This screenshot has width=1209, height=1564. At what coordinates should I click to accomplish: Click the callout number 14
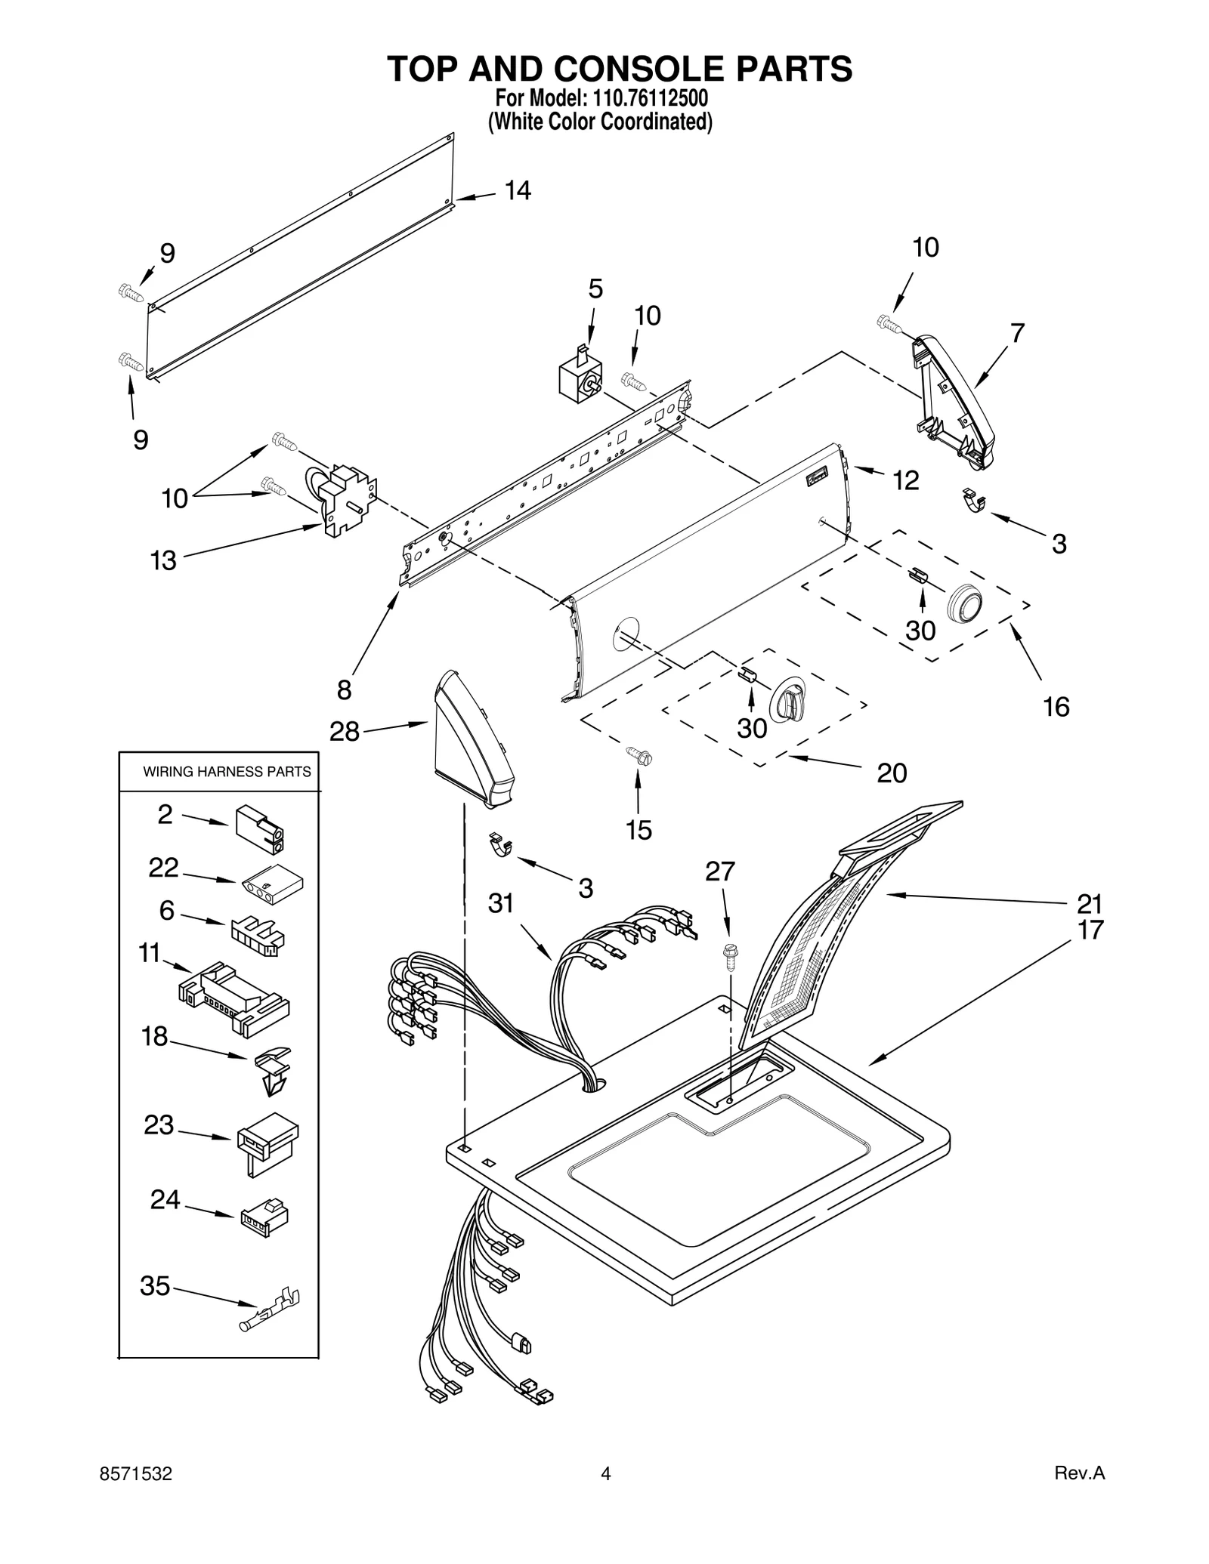518,191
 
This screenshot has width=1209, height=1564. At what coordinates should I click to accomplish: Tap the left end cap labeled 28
472,740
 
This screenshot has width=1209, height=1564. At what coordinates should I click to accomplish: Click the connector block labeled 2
260,828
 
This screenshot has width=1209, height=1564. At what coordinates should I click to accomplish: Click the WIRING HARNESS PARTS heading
227,772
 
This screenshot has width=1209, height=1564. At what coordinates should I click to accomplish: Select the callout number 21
1090,903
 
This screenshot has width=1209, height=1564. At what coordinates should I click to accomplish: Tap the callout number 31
501,903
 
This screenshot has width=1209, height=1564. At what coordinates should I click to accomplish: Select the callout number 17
1090,930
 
